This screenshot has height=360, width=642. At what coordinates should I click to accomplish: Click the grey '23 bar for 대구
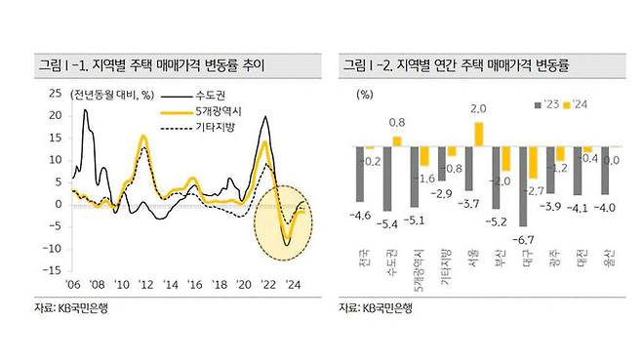[x=525, y=186]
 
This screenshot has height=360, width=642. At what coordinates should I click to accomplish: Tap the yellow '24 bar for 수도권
[x=397, y=141]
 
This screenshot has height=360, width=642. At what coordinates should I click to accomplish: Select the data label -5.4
[x=388, y=223]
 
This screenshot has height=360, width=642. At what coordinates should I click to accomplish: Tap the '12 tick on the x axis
[x=144, y=285]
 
